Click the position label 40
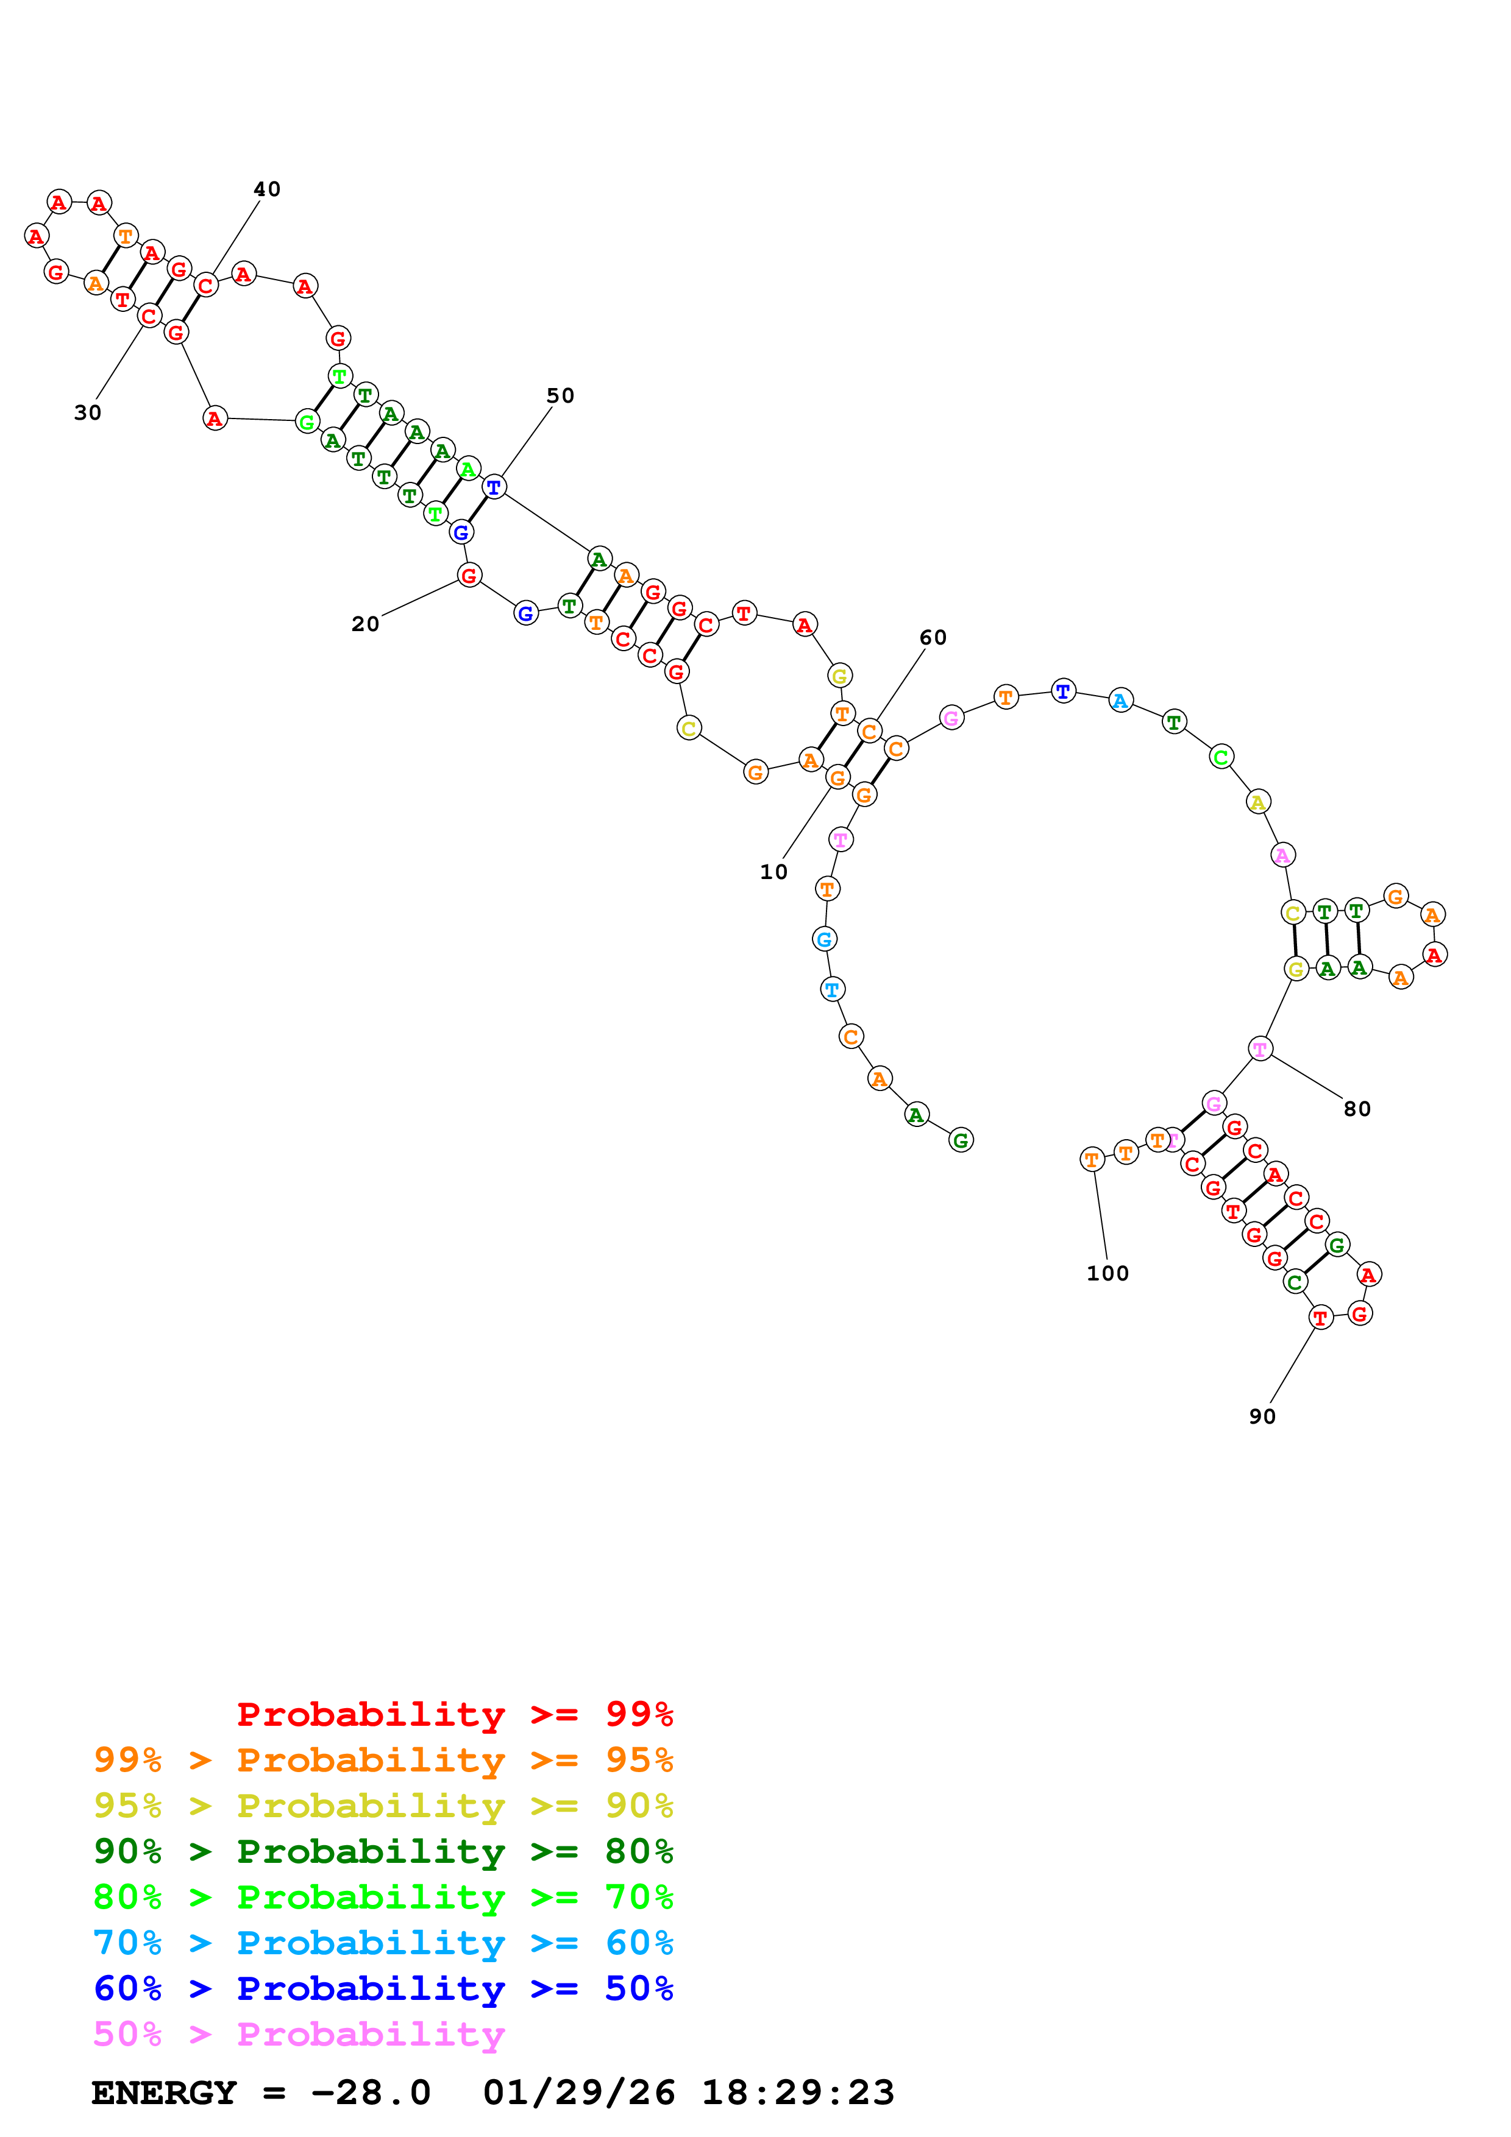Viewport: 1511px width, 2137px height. point(267,189)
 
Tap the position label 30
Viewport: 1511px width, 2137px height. point(88,412)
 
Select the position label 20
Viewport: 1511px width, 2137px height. point(365,624)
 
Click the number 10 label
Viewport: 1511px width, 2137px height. point(773,872)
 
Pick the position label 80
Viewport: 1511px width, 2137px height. point(1356,1109)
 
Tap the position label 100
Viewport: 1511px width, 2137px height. point(1107,1273)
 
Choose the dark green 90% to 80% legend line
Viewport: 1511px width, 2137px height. point(383,1851)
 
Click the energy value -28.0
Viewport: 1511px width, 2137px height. point(371,2093)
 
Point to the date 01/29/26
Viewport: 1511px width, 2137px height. point(578,2093)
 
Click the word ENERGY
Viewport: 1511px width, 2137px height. point(164,2093)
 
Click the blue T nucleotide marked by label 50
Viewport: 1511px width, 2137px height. point(494,486)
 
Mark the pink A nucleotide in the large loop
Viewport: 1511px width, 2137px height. point(1282,855)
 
